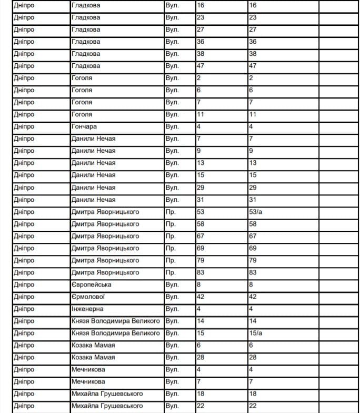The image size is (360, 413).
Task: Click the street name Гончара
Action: [84, 127]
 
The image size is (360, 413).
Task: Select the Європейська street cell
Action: [91, 285]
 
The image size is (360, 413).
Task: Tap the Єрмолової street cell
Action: [88, 297]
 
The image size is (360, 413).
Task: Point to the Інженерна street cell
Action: [87, 309]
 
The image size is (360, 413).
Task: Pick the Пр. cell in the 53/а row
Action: [171, 212]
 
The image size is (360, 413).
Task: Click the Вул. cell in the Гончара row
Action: [172, 127]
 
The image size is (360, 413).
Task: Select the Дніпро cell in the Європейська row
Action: [24, 285]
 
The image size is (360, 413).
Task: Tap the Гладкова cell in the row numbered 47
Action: [86, 66]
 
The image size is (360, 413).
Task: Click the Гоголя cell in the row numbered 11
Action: [82, 115]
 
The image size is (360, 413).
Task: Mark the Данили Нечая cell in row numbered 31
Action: [93, 200]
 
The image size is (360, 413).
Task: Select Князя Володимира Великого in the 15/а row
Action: [115, 333]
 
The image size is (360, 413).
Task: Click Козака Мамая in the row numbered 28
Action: [93, 358]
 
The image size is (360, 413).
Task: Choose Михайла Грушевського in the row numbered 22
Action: [107, 406]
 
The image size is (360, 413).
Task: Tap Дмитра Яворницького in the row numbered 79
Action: [105, 261]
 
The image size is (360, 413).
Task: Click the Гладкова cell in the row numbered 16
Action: [86, 6]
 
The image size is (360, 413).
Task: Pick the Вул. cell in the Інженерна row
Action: [172, 309]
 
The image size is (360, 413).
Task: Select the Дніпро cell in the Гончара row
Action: [24, 127]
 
